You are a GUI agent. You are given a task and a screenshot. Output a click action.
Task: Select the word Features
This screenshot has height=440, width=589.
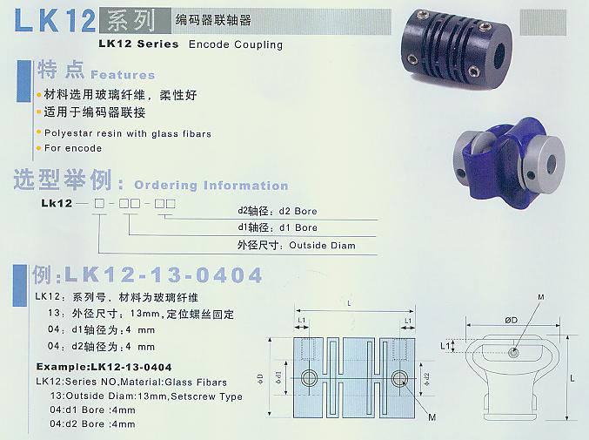click(123, 76)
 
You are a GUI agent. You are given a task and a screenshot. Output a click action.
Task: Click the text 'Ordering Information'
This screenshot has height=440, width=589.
click(211, 186)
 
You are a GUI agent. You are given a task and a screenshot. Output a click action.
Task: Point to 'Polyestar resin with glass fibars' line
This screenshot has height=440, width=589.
click(127, 134)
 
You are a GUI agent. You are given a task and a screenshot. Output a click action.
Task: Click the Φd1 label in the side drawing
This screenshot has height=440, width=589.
click(281, 377)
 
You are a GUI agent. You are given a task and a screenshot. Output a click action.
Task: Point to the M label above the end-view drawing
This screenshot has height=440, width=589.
click(543, 299)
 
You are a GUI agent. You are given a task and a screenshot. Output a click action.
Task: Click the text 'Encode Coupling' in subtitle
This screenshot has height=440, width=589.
click(236, 44)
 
